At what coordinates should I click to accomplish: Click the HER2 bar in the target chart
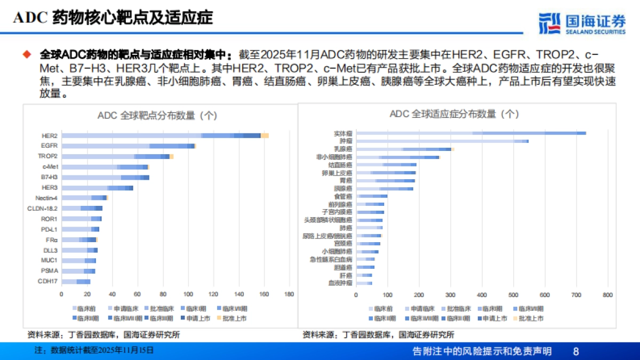click(x=165, y=135)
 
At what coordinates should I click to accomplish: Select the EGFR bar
click(x=129, y=146)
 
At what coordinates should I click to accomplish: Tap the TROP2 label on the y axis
click(x=47, y=156)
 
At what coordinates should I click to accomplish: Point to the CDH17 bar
click(x=76, y=281)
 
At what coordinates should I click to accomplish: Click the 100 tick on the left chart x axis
click(x=188, y=294)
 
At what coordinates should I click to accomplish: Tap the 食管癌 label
click(x=342, y=196)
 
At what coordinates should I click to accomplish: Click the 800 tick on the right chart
click(x=607, y=294)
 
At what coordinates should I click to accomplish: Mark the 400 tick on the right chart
click(x=482, y=294)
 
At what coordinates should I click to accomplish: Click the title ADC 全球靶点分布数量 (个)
click(x=157, y=115)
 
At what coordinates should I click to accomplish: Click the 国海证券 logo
click(x=581, y=23)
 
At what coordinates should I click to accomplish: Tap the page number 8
click(x=575, y=351)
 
